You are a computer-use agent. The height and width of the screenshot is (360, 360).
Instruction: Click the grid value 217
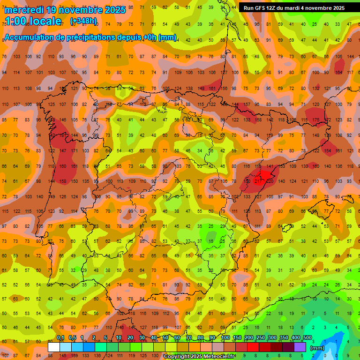[x=257, y=181]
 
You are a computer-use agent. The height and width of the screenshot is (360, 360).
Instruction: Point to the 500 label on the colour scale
[x=307, y=338]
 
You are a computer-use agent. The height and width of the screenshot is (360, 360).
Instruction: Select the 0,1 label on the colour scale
[x=60, y=338]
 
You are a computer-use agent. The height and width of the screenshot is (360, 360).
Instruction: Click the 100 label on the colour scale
[x=225, y=338]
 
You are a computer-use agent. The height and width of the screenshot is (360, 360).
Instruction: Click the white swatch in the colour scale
[x=54, y=347]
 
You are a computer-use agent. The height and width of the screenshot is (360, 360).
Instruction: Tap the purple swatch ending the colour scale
[x=300, y=347]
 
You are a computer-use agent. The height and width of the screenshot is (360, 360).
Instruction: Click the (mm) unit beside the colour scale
[x=317, y=348]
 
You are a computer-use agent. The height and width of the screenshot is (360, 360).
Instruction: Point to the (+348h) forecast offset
[x=83, y=21]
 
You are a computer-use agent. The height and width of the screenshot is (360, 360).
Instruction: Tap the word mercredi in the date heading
[x=26, y=9]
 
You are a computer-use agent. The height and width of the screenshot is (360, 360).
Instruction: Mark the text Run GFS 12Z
[x=260, y=8]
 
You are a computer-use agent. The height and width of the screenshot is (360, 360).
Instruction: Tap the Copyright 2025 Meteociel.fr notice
[x=199, y=357]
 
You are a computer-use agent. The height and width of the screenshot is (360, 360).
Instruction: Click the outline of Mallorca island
[x=332, y=201]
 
